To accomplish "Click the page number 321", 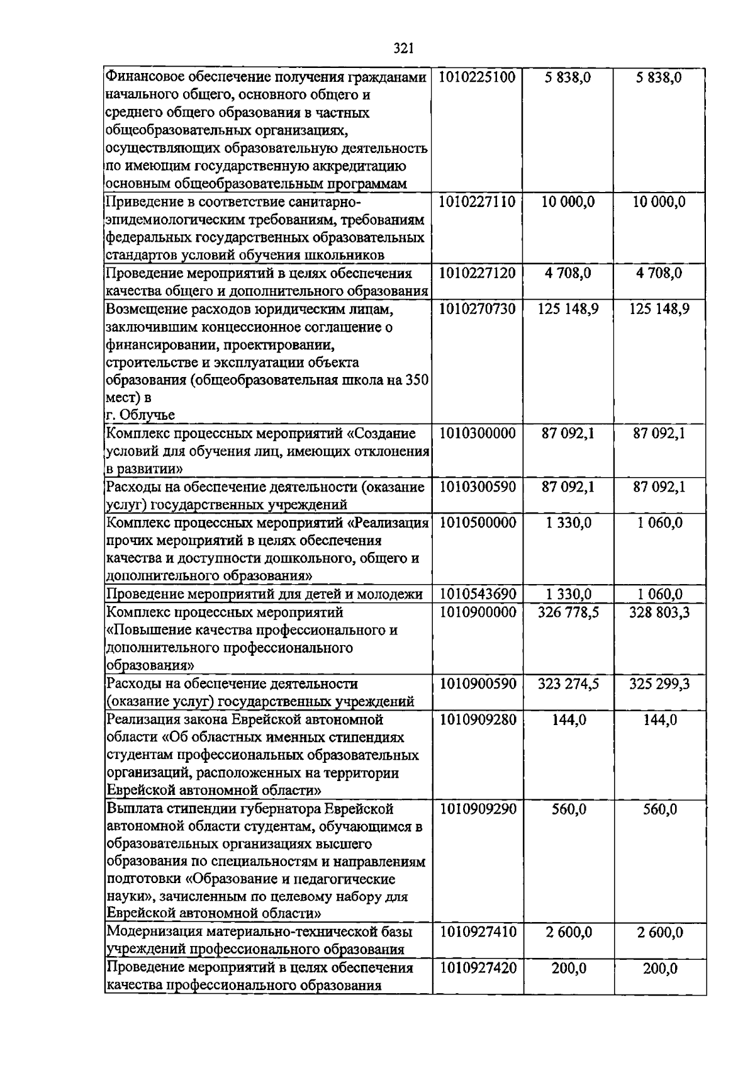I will tap(403, 48).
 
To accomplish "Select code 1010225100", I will tap(477, 77).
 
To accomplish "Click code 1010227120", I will tap(477, 273).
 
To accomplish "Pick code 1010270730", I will tap(477, 309).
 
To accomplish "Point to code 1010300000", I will tap(477, 433).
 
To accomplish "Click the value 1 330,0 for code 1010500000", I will tap(568, 523).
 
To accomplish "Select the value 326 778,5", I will tap(568, 612).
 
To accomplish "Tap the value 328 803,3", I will tap(659, 612).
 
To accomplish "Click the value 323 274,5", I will tap(568, 684).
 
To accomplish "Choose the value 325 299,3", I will tap(659, 684).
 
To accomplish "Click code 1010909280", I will tap(477, 719).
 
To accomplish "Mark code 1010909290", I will tap(477, 809).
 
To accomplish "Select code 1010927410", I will tap(477, 932).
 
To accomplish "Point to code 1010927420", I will tap(477, 968).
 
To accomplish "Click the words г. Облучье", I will tap(140, 415).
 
